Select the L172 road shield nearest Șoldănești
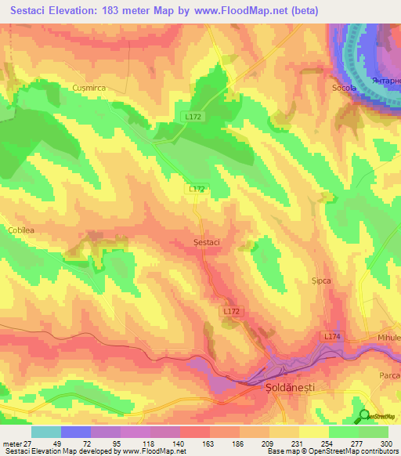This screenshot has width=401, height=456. (x=230, y=312)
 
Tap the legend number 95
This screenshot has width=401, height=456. (x=104, y=443)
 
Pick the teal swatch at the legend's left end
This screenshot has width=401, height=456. (x=45, y=432)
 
